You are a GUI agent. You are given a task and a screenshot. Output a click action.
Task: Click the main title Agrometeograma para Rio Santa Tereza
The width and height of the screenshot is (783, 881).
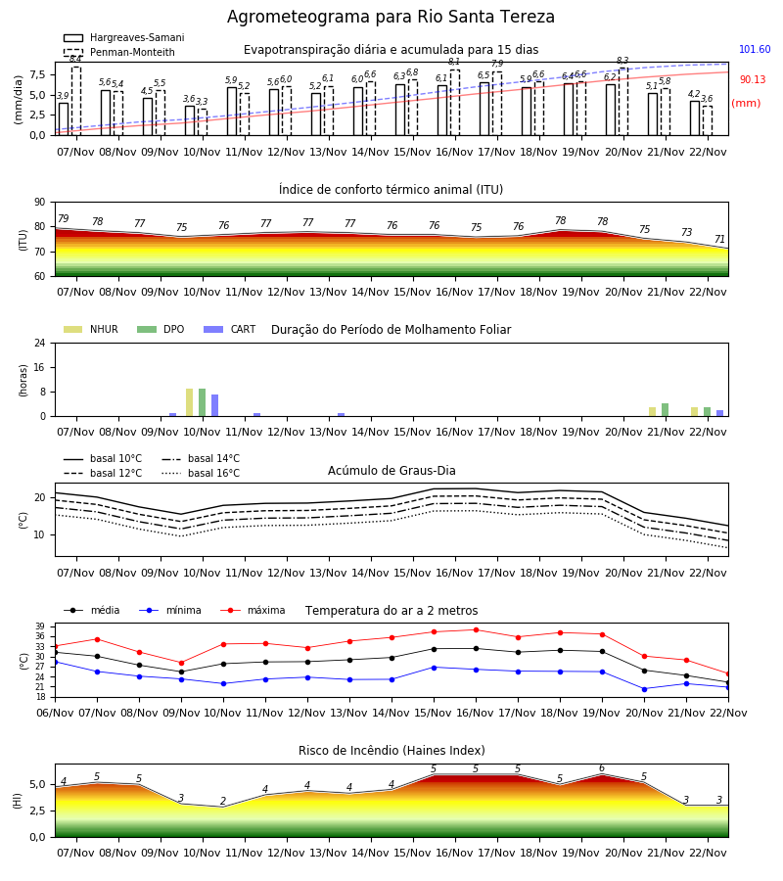391,17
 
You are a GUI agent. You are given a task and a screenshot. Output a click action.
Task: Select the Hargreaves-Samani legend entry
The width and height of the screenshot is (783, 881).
124,37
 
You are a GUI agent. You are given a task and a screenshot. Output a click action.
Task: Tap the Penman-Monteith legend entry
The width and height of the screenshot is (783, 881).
119,52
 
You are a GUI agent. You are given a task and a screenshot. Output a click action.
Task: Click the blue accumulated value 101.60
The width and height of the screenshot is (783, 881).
755,50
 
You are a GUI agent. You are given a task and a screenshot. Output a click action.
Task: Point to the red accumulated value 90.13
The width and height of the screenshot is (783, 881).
753,80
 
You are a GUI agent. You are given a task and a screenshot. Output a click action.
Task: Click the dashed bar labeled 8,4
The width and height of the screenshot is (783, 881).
76,101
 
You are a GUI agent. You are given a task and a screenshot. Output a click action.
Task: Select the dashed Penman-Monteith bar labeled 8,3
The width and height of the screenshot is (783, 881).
623,102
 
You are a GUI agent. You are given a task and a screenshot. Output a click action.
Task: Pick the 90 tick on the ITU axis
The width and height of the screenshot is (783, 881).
40,203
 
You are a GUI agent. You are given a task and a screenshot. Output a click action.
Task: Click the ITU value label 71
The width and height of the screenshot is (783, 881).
719,240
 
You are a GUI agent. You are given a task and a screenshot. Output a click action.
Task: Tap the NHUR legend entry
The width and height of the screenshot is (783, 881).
91,329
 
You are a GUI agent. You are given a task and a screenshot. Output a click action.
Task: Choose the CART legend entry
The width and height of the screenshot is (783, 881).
230,329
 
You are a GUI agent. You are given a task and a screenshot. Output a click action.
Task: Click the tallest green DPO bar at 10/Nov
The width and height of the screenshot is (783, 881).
203,402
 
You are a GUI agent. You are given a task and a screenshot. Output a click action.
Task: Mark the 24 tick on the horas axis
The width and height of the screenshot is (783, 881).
40,344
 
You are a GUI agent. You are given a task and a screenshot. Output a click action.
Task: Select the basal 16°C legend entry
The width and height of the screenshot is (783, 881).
201,473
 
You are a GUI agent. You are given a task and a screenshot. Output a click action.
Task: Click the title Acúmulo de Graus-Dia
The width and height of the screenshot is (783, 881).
391,471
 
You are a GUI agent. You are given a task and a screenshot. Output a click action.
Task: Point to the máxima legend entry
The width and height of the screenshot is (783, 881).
253,610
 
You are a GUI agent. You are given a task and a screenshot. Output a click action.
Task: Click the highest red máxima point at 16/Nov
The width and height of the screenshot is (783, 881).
477,629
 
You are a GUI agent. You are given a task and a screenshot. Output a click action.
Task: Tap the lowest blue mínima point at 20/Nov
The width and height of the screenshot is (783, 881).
644,689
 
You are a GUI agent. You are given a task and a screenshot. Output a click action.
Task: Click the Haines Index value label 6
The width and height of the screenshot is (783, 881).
602,768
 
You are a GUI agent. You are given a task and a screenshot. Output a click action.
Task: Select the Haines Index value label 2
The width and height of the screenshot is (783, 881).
223,801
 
